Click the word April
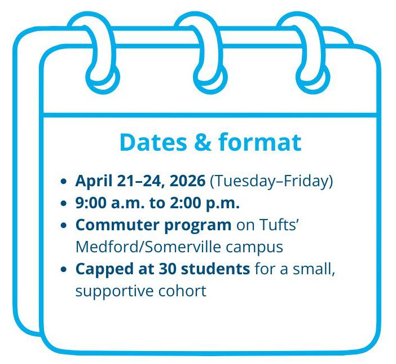pos(93,182)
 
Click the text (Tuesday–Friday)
pos(271,182)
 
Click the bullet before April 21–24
pos(64,182)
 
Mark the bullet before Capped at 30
pos(64,270)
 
